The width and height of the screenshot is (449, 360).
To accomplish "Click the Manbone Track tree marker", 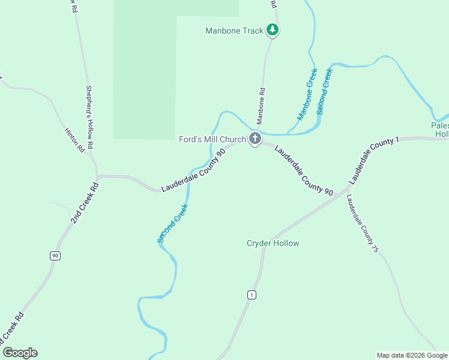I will click(x=273, y=29).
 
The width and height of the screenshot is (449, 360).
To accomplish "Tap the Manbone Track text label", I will click(x=234, y=31).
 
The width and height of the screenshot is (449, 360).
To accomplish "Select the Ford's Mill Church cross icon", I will click(x=255, y=139).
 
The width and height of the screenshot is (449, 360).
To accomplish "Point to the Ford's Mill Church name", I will click(x=212, y=139).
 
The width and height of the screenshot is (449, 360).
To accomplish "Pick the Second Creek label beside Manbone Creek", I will click(x=324, y=91).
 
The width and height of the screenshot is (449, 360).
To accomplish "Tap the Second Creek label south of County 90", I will click(x=173, y=223).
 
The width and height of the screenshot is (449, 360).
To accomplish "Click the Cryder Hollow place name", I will click(x=273, y=243).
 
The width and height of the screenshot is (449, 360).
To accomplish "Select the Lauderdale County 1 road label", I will click(x=373, y=160).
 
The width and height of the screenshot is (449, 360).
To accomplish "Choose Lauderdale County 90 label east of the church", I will click(x=304, y=170).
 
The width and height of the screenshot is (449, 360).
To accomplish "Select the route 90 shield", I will click(x=55, y=256).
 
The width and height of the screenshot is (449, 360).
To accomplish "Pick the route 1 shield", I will click(x=252, y=294).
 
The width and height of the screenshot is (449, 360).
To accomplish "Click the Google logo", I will click(x=20, y=353).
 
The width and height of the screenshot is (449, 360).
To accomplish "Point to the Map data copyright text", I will click(x=412, y=355).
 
